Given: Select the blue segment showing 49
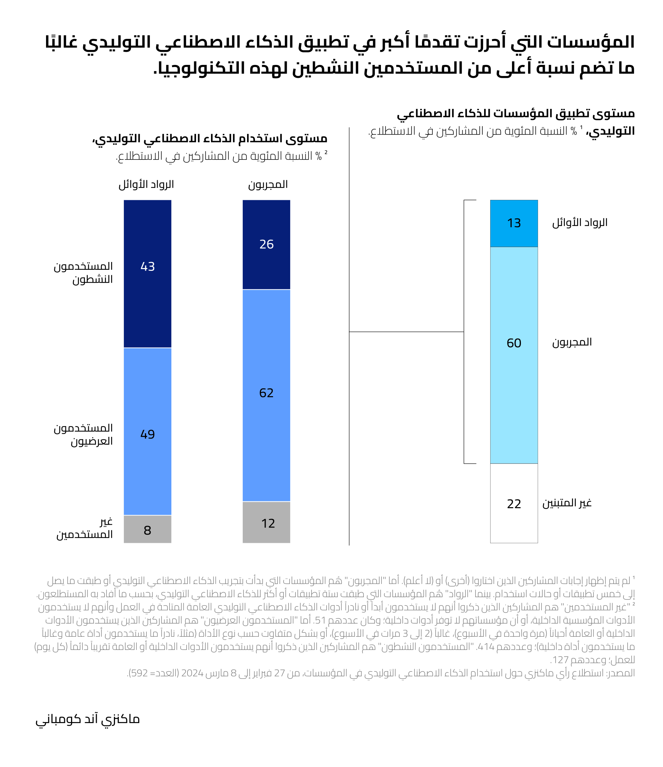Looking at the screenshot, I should click(x=147, y=431).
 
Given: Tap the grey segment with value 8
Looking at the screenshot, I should click(x=147, y=529).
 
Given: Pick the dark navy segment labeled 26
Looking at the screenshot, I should click(x=266, y=244).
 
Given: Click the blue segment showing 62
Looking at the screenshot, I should click(x=266, y=395).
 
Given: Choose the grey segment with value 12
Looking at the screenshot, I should click(x=266, y=522).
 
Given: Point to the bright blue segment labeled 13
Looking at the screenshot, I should click(x=514, y=223).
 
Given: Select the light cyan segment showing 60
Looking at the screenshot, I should click(x=514, y=355).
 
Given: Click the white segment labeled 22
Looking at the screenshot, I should click(x=514, y=504).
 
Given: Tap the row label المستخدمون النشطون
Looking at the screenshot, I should click(x=83, y=272).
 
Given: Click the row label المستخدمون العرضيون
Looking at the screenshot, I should click(x=83, y=434).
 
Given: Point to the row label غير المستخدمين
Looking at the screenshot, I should click(x=85, y=528).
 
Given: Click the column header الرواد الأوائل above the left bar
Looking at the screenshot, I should click(x=146, y=185).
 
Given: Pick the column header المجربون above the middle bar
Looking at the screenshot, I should click(x=268, y=185).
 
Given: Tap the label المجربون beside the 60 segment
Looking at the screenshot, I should click(x=572, y=342).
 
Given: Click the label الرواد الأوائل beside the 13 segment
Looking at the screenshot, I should click(x=580, y=222).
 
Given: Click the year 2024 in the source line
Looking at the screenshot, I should click(x=192, y=673).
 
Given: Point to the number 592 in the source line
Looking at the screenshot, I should click(x=140, y=673).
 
